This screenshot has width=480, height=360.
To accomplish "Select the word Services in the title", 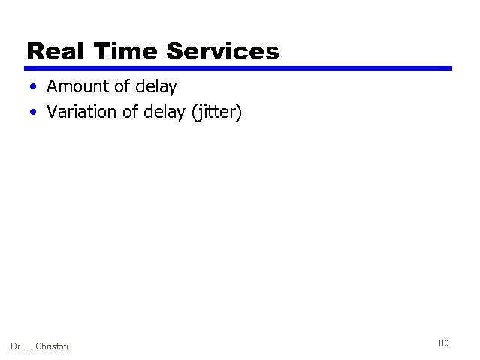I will (x=223, y=51).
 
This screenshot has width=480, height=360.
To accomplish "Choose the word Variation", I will (x=80, y=113).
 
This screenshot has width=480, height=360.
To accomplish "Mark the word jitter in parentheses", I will (x=216, y=113).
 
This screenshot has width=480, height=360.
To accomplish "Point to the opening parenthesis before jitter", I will (x=195, y=113).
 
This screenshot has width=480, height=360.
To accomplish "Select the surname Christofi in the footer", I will (x=53, y=346).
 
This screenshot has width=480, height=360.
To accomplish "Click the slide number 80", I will (x=444, y=343).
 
